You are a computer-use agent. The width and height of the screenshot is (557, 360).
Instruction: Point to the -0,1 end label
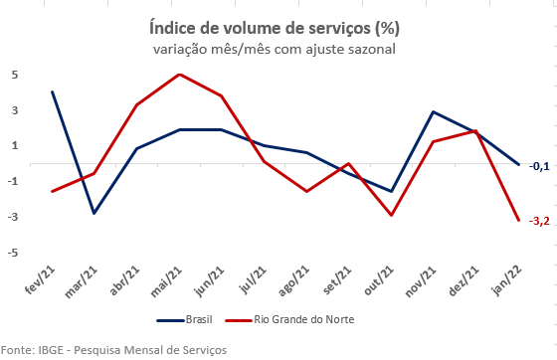[x=538, y=166]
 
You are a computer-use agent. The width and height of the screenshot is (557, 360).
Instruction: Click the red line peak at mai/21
[x=178, y=75]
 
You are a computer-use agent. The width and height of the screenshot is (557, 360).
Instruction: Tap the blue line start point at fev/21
[x=52, y=91]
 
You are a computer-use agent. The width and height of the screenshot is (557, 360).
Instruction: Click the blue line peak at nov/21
[x=433, y=112]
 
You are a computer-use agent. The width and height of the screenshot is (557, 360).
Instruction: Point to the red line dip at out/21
[x=391, y=215]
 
